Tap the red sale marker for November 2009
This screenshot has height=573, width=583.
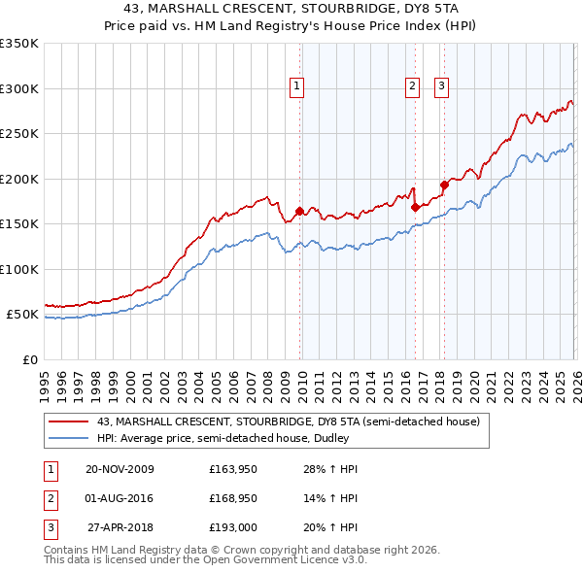[299, 211]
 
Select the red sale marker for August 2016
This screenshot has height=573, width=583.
[415, 207]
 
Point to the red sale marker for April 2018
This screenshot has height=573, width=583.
[444, 185]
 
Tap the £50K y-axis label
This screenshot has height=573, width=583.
[22, 315]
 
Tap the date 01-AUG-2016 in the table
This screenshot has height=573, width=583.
[120, 498]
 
